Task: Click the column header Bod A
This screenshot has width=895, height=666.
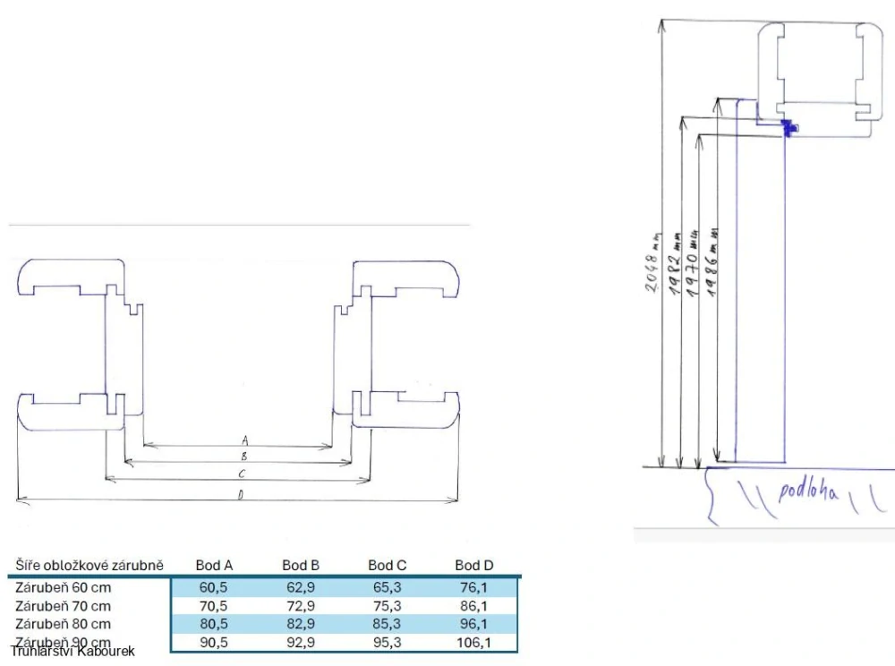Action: (214, 565)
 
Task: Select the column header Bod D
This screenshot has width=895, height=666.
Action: (473, 565)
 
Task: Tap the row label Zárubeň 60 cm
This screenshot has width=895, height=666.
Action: (63, 588)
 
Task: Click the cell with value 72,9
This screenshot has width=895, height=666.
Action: (301, 606)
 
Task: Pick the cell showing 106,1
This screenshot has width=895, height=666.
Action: (473, 643)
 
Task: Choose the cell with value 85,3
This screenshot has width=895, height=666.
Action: (388, 624)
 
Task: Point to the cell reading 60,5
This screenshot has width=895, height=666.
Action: (214, 588)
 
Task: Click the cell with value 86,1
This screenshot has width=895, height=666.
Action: (473, 606)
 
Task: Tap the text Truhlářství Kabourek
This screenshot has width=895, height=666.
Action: (72, 652)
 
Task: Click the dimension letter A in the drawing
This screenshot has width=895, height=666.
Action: (243, 440)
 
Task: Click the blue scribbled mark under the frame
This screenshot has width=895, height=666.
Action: (788, 129)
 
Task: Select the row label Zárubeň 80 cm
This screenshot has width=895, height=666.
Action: (63, 624)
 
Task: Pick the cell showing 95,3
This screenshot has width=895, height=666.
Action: (388, 643)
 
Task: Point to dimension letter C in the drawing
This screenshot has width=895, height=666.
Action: (242, 474)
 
